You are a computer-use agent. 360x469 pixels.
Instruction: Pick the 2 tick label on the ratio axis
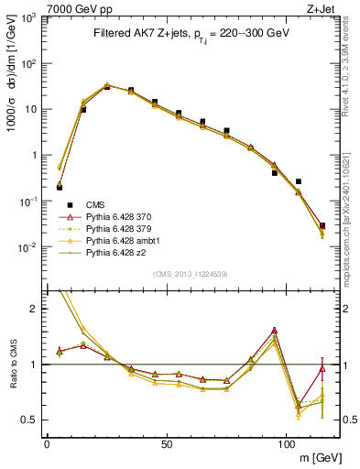pos(35,309)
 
